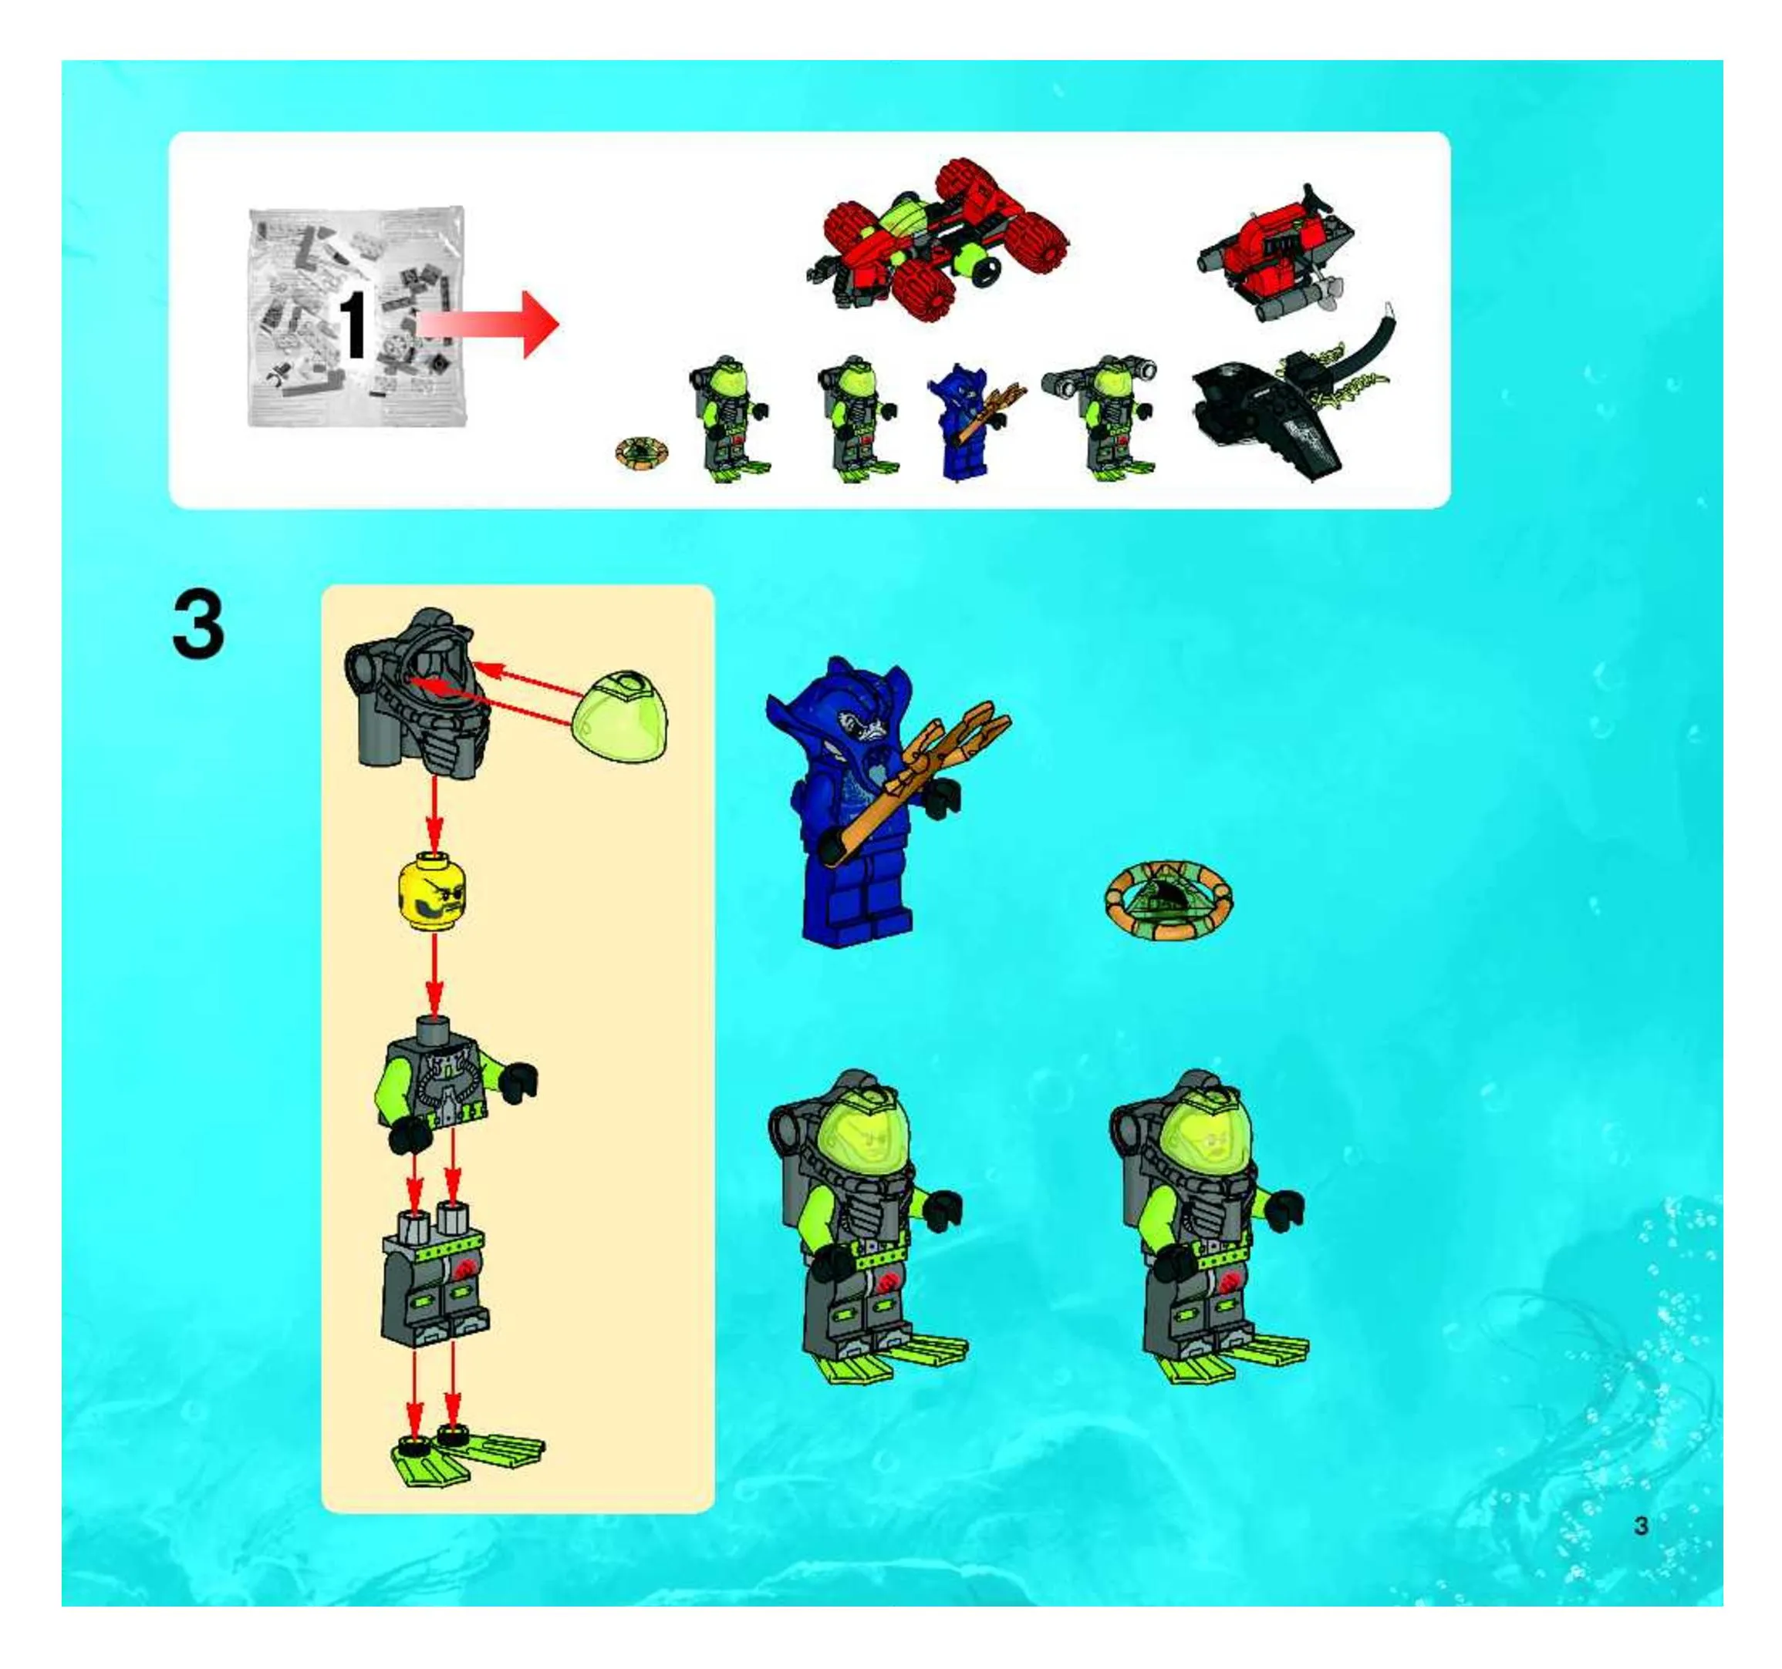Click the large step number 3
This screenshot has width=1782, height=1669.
[197, 625]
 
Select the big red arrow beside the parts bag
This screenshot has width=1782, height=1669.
[488, 325]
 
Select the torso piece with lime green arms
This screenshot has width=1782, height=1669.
[454, 1082]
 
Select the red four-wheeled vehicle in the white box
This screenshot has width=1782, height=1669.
[936, 240]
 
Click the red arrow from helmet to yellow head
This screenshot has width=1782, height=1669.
[435, 812]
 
